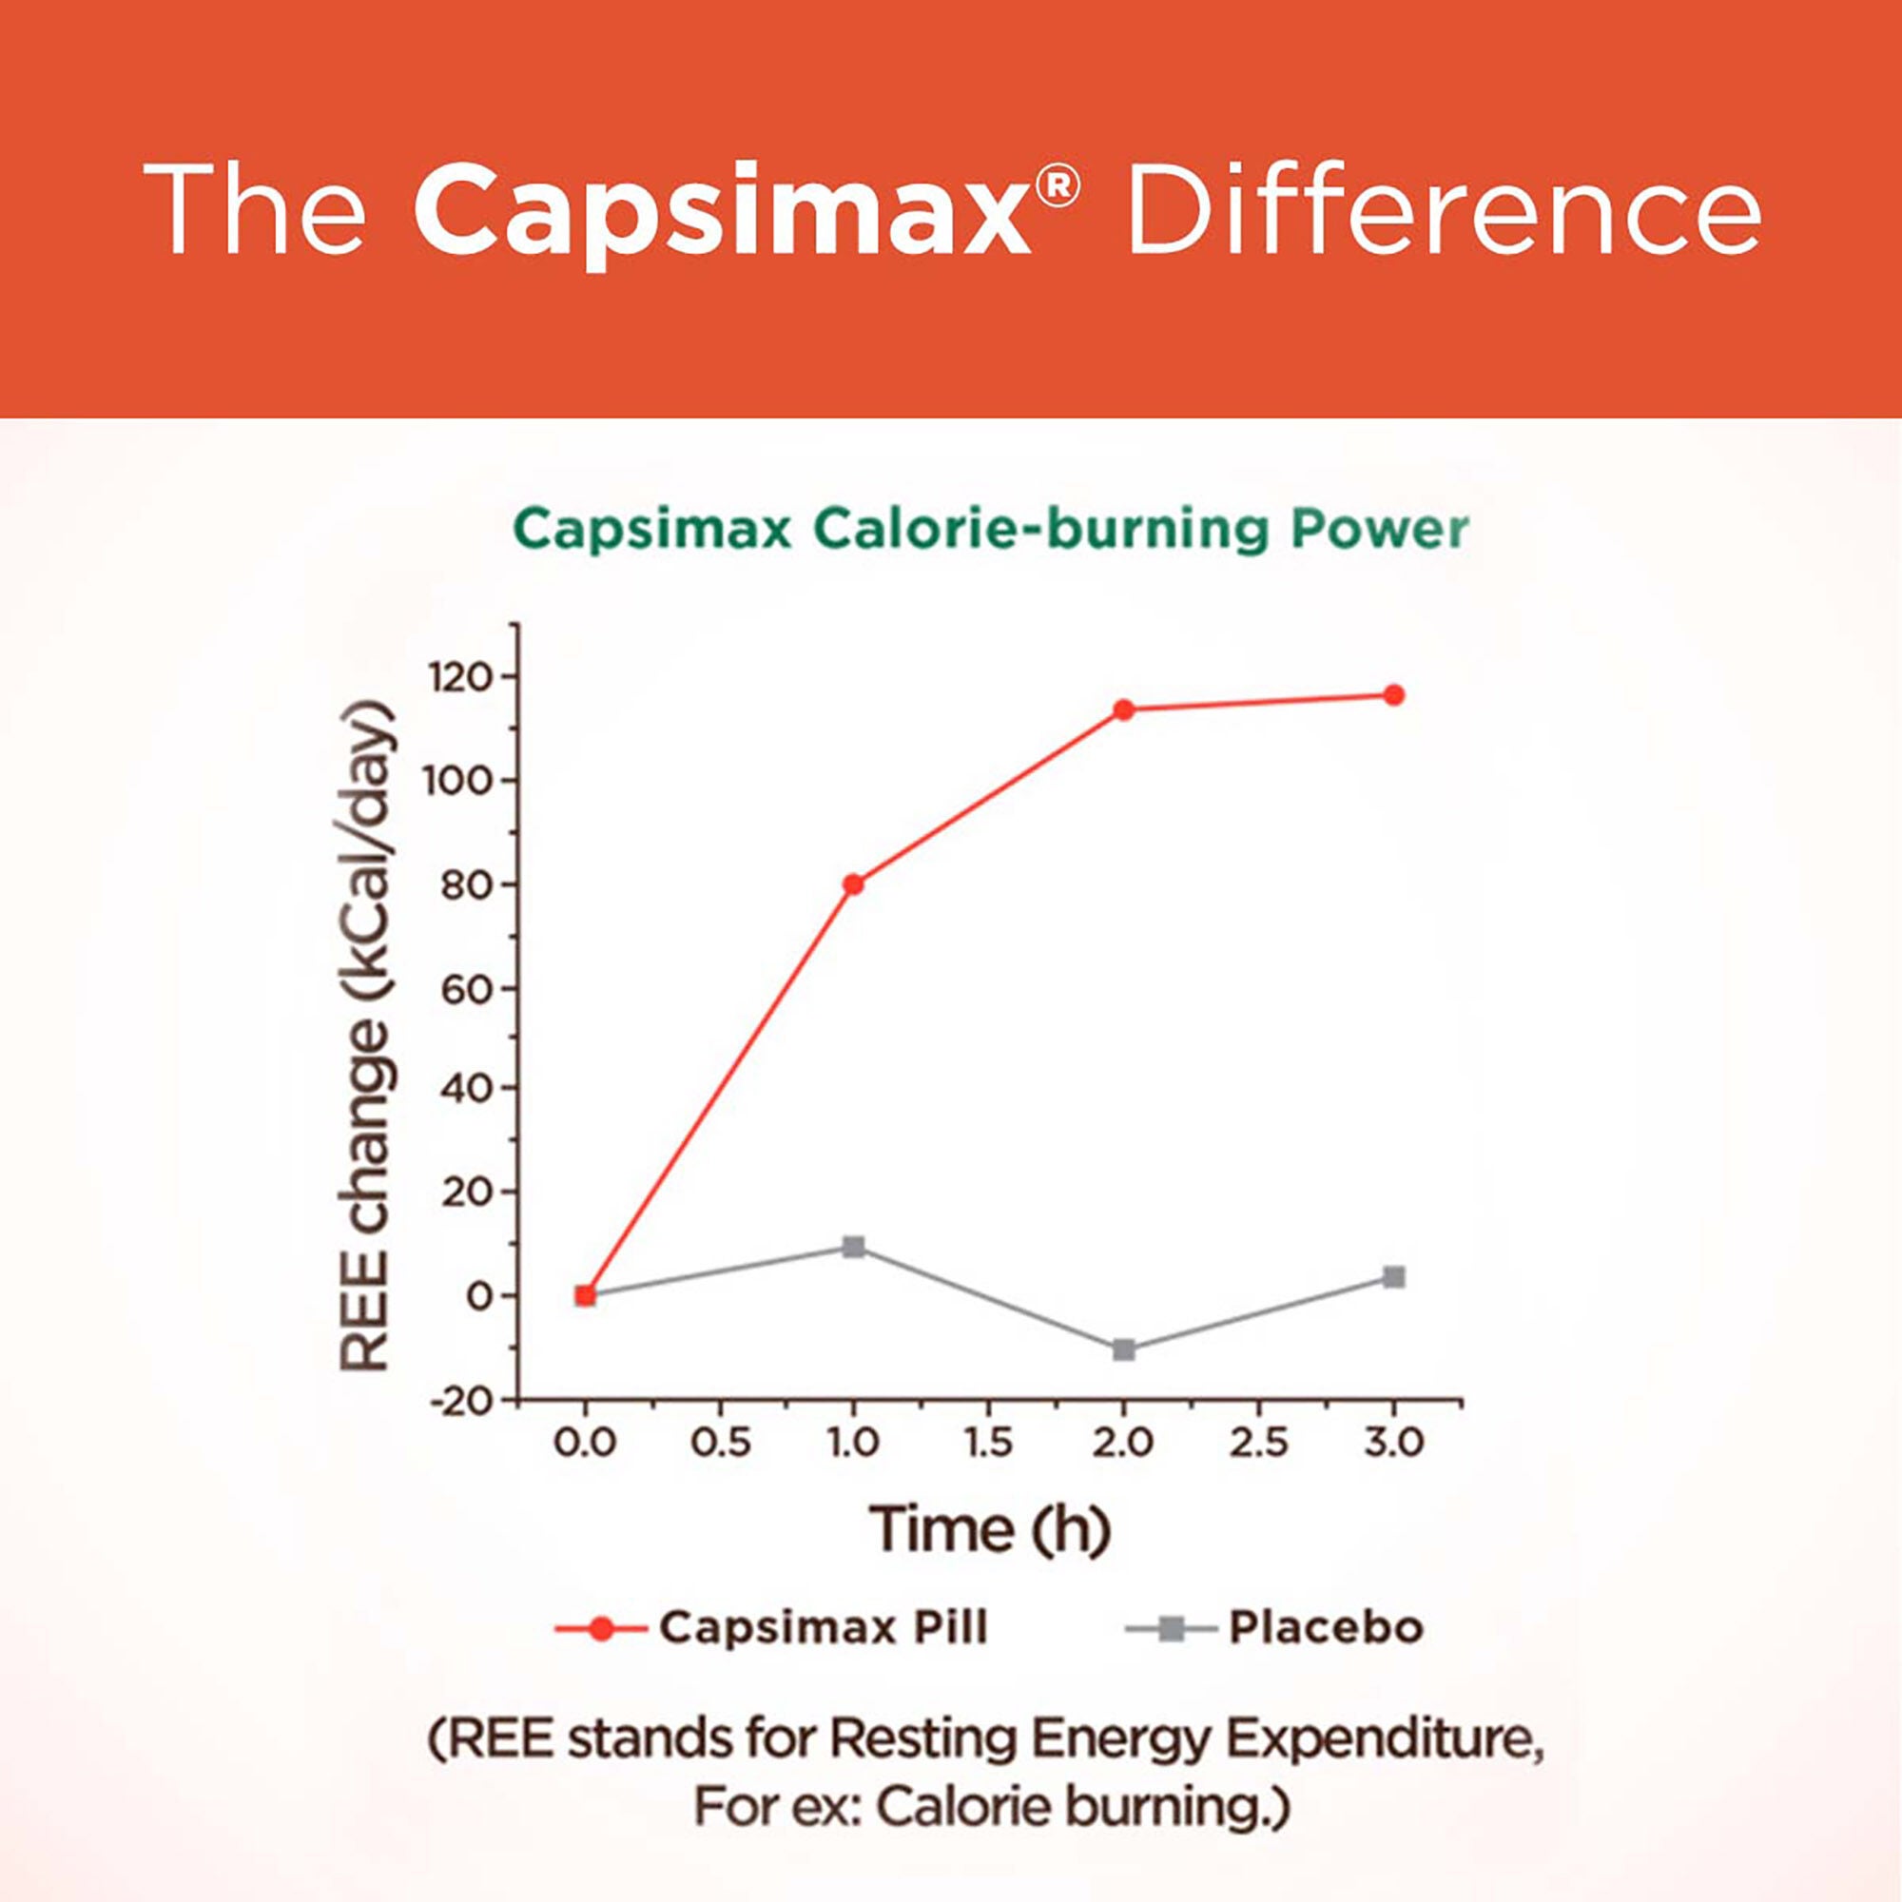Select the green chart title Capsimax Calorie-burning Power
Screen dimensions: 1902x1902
(990, 531)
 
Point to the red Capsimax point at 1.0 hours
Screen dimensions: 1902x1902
(854, 884)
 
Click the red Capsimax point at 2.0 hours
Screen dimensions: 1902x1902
(1124, 709)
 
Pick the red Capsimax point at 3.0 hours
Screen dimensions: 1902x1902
(1394, 695)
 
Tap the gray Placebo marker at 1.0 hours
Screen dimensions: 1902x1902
(854, 1249)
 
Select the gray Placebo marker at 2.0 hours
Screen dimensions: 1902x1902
(1124, 1349)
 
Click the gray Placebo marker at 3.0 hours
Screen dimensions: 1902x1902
(1394, 1278)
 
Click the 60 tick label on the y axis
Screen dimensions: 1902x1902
(467, 989)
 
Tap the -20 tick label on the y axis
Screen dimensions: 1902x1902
(460, 1402)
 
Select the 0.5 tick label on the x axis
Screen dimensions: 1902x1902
(721, 1445)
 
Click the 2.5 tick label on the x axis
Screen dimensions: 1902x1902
(1259, 1445)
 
